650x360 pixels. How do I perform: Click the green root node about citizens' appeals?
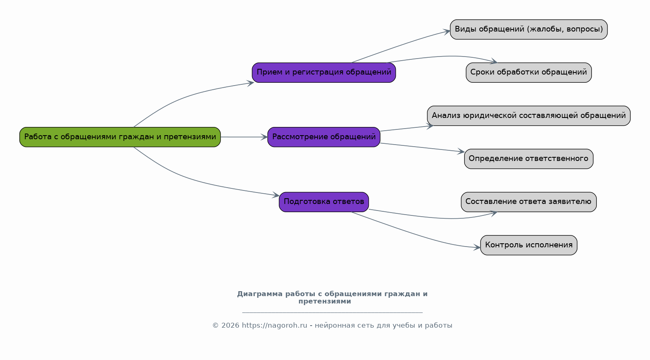[120, 137]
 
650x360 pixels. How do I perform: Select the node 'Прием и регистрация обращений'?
[324, 72]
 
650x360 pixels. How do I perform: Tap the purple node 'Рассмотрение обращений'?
[324, 137]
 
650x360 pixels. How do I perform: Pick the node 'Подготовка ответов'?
[324, 202]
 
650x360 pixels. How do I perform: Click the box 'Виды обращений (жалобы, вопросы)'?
[528, 29]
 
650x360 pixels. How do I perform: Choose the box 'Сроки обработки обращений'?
[528, 72]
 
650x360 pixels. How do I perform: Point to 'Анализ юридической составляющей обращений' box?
[528, 115]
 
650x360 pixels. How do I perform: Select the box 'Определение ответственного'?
[528, 158]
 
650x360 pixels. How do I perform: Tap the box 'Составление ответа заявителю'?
[528, 202]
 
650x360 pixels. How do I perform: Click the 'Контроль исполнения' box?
[528, 245]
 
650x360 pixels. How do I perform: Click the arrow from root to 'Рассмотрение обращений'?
[244, 137]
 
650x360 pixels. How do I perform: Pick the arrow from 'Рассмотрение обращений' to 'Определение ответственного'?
[422, 147]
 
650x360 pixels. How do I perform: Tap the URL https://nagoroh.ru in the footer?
[274, 326]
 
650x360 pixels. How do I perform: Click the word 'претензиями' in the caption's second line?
[325, 301]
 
